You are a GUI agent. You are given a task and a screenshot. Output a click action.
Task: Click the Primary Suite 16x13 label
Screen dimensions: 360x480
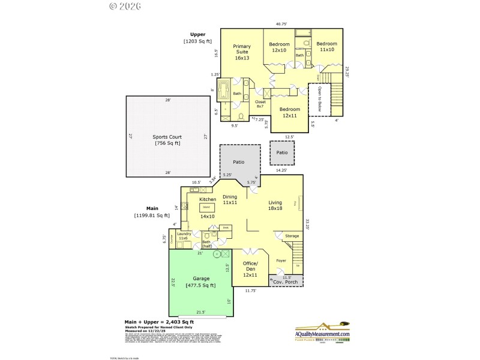click(242, 52)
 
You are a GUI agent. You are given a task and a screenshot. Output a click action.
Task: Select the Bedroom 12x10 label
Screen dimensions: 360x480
click(279, 47)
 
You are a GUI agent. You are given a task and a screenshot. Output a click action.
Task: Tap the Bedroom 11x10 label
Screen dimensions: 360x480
click(326, 47)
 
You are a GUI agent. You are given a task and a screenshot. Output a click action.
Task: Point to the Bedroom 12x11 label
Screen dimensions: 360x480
click(290, 112)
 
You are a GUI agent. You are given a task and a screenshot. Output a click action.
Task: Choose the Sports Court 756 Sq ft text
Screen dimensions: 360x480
click(167, 140)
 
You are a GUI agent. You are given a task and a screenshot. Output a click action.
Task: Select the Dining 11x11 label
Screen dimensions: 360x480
click(230, 200)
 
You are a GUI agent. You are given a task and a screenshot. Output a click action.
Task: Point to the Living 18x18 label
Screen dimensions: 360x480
click(275, 205)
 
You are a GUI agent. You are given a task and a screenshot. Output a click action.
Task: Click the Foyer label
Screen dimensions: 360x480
click(281, 261)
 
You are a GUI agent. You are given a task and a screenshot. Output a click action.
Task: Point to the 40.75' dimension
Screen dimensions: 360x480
click(281, 24)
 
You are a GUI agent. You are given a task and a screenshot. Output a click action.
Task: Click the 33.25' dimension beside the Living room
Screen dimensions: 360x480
click(307, 224)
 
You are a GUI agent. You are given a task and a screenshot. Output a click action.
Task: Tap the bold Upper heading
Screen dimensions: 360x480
click(197, 34)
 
